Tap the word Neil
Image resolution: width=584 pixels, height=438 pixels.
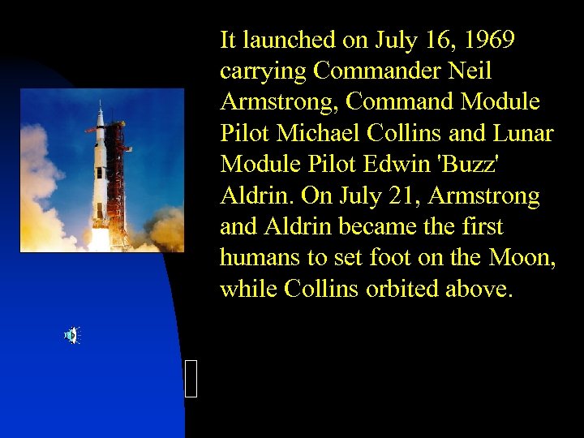[470, 71]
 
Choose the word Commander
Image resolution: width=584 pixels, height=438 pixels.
[377, 71]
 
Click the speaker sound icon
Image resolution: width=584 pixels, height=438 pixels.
[71, 335]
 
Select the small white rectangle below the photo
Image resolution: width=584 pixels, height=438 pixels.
[191, 379]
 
